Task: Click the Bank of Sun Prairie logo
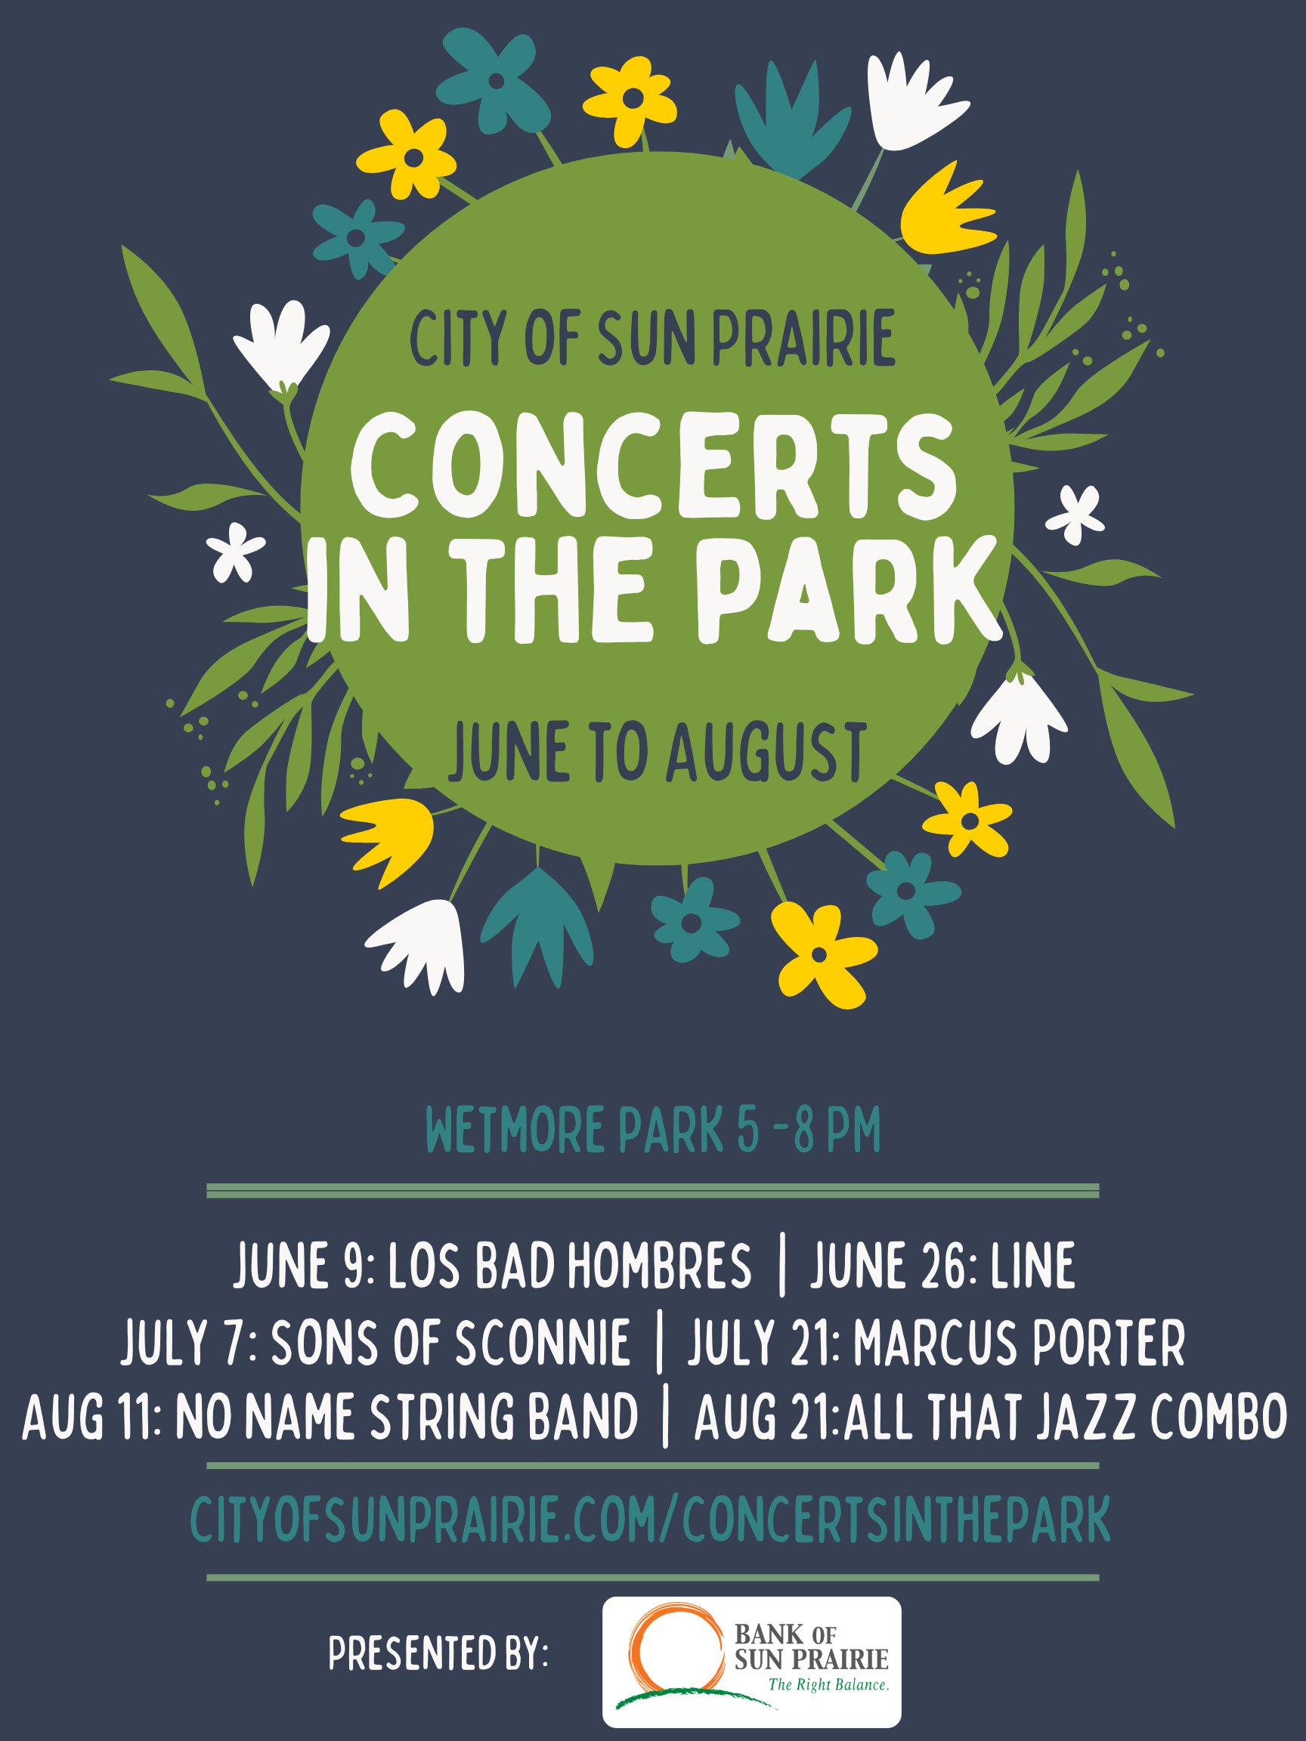click(x=751, y=1661)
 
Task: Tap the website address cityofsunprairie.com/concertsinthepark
click(x=650, y=1519)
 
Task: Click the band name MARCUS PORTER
click(x=1020, y=1343)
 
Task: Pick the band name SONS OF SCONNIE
click(x=450, y=1343)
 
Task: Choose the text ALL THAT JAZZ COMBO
click(x=1065, y=1418)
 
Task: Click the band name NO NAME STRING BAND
click(x=406, y=1418)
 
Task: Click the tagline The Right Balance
click(x=828, y=1685)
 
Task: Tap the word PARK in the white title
click(x=846, y=590)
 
